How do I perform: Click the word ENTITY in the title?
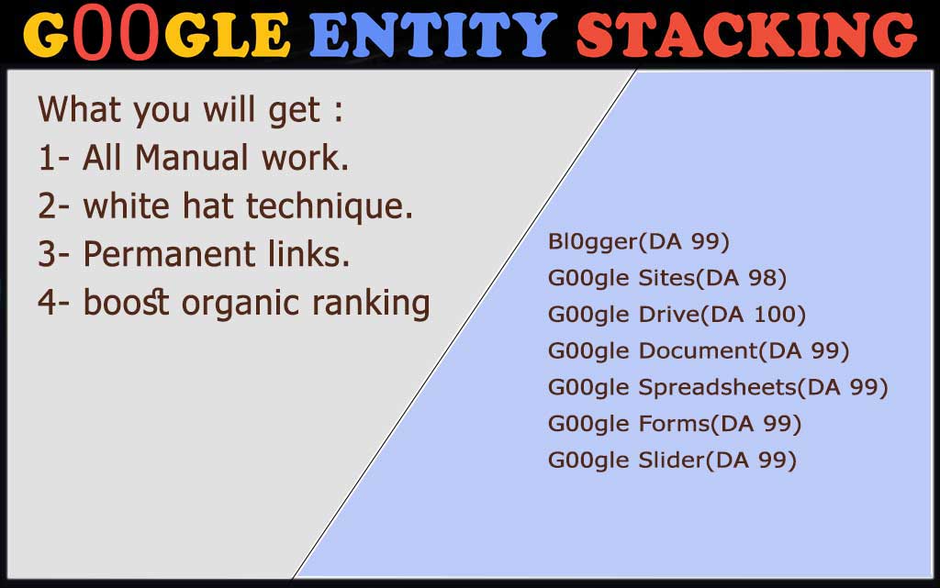pos(433,36)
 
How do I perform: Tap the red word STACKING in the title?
pos(746,36)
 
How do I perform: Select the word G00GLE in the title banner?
pos(157,36)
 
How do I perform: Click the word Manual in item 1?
pos(191,158)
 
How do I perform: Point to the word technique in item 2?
pos(330,207)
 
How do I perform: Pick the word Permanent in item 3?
pos(170,254)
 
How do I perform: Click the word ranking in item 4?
pos(371,303)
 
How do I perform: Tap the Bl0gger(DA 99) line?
pos(639,242)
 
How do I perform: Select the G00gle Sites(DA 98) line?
pos(667,279)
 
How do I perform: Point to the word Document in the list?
pos(699,351)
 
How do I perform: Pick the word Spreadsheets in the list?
pos(718,388)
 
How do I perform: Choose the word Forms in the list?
pos(675,424)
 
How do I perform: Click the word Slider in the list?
pos(672,460)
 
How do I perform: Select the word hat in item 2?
pos(207,206)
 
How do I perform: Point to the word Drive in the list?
pos(668,315)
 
